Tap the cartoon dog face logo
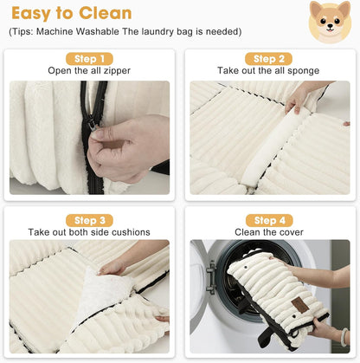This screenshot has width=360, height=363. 330,21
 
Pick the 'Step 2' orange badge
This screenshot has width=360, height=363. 270,58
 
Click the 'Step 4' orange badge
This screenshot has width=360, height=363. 270,220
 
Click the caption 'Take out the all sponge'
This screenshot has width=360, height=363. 270,71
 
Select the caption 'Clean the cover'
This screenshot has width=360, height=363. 270,232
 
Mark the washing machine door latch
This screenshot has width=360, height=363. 210,276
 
